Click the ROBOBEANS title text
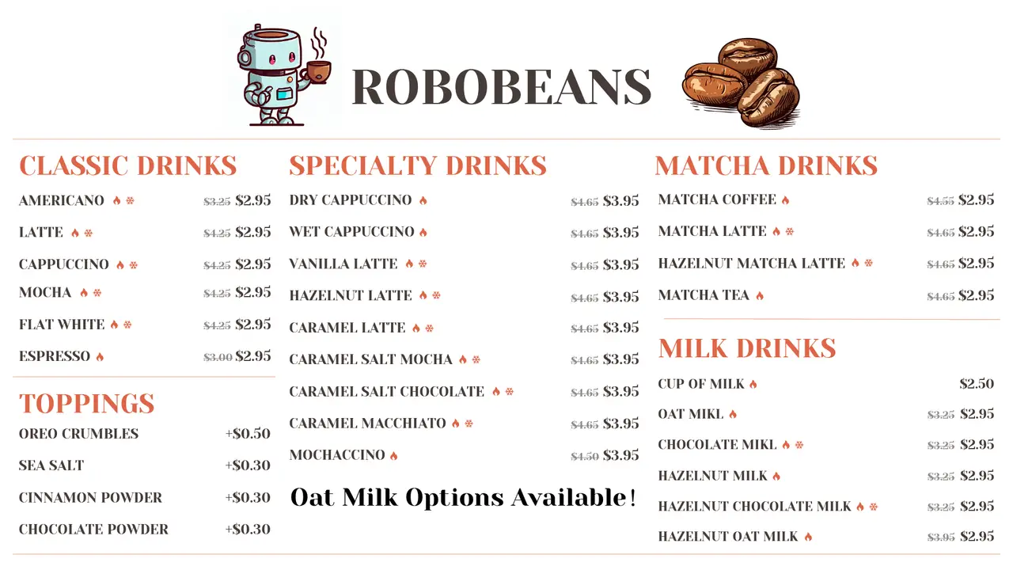click(x=501, y=86)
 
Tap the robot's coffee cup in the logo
click(x=318, y=71)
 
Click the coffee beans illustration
click(x=741, y=83)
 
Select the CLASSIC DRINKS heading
click(x=128, y=165)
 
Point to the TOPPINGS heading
click(x=87, y=403)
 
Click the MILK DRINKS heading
click(x=747, y=348)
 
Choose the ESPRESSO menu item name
click(x=55, y=356)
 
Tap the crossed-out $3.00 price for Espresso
click(x=218, y=357)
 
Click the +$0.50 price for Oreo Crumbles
click(x=248, y=434)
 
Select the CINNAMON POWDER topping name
click(x=90, y=498)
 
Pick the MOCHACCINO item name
click(x=337, y=455)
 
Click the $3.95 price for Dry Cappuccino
click(x=621, y=201)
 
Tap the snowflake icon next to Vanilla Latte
click(x=423, y=264)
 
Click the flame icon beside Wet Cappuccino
click(x=423, y=233)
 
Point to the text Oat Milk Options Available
click(x=463, y=498)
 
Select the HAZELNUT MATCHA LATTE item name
click(x=752, y=263)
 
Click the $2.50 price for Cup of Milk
click(x=977, y=384)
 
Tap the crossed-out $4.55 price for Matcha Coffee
click(x=940, y=201)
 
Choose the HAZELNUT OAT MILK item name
click(x=728, y=537)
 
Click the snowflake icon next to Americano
click(x=131, y=201)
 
